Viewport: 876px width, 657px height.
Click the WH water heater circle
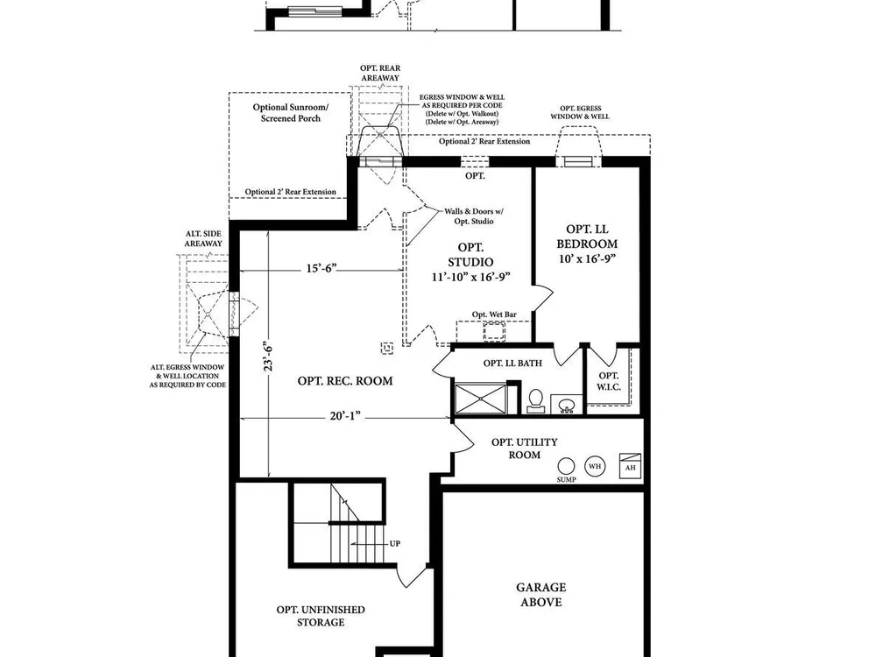(x=595, y=466)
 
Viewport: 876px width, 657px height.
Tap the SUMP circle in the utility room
(x=566, y=466)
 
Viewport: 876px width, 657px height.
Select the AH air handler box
(x=630, y=466)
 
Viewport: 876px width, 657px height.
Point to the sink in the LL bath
(x=567, y=405)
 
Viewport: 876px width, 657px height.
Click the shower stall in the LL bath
(x=480, y=399)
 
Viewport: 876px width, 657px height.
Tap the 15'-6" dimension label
(x=321, y=268)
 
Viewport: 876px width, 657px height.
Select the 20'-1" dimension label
(x=346, y=416)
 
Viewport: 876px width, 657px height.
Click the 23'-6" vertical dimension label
(x=269, y=357)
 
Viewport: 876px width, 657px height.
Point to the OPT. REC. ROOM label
(x=344, y=381)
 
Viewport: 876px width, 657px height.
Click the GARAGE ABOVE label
(x=540, y=595)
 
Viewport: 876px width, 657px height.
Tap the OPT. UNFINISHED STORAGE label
(x=321, y=616)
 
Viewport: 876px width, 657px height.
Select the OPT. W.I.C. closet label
(x=609, y=381)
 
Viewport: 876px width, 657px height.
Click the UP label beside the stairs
(x=395, y=544)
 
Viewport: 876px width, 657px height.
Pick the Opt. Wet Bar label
(x=494, y=314)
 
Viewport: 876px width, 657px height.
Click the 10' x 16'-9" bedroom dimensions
(x=587, y=258)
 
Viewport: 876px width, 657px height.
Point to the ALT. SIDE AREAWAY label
(x=203, y=238)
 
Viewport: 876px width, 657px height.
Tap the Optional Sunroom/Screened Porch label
(x=291, y=113)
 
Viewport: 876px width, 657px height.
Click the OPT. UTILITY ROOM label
(x=525, y=449)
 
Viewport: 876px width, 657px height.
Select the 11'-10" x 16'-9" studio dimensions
(x=471, y=277)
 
